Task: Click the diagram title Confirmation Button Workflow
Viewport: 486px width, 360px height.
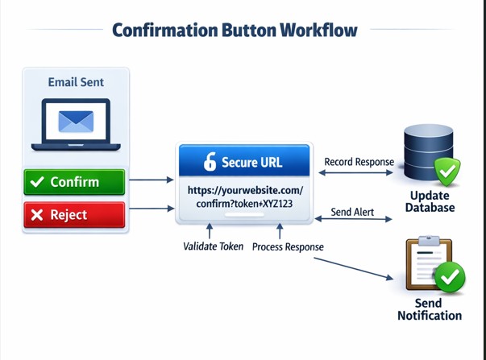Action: click(235, 31)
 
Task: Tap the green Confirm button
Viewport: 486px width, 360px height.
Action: click(75, 182)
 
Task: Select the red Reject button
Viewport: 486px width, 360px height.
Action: click(75, 215)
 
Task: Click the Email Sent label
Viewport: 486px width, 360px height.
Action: click(76, 81)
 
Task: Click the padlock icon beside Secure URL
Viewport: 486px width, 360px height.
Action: click(210, 162)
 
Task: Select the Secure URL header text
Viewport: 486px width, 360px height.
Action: click(251, 163)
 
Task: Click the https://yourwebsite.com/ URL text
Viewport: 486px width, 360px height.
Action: click(243, 191)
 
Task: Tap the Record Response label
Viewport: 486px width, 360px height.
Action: click(359, 162)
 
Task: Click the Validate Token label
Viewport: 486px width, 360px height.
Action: click(214, 246)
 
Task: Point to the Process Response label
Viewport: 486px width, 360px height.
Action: click(288, 246)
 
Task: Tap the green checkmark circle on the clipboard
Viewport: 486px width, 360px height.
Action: click(450, 279)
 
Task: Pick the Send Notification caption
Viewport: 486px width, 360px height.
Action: click(430, 309)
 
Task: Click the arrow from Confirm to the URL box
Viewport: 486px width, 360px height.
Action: click(151, 180)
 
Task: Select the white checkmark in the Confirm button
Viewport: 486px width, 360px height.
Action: click(36, 182)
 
